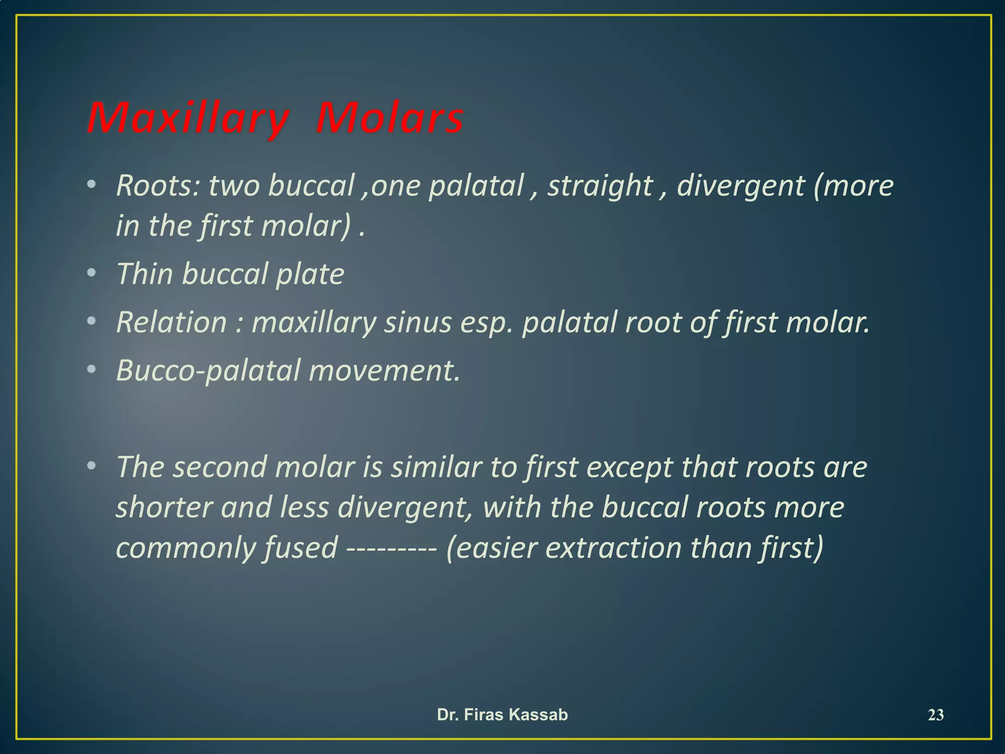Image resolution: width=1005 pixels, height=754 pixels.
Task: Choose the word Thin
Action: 145,273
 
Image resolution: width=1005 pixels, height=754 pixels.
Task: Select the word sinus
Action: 418,323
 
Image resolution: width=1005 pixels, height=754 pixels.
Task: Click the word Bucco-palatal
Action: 208,371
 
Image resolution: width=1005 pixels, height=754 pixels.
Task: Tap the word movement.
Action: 385,371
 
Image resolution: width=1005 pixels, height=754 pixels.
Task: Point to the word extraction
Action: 613,548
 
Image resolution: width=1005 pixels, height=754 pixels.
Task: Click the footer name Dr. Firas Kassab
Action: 502,715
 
